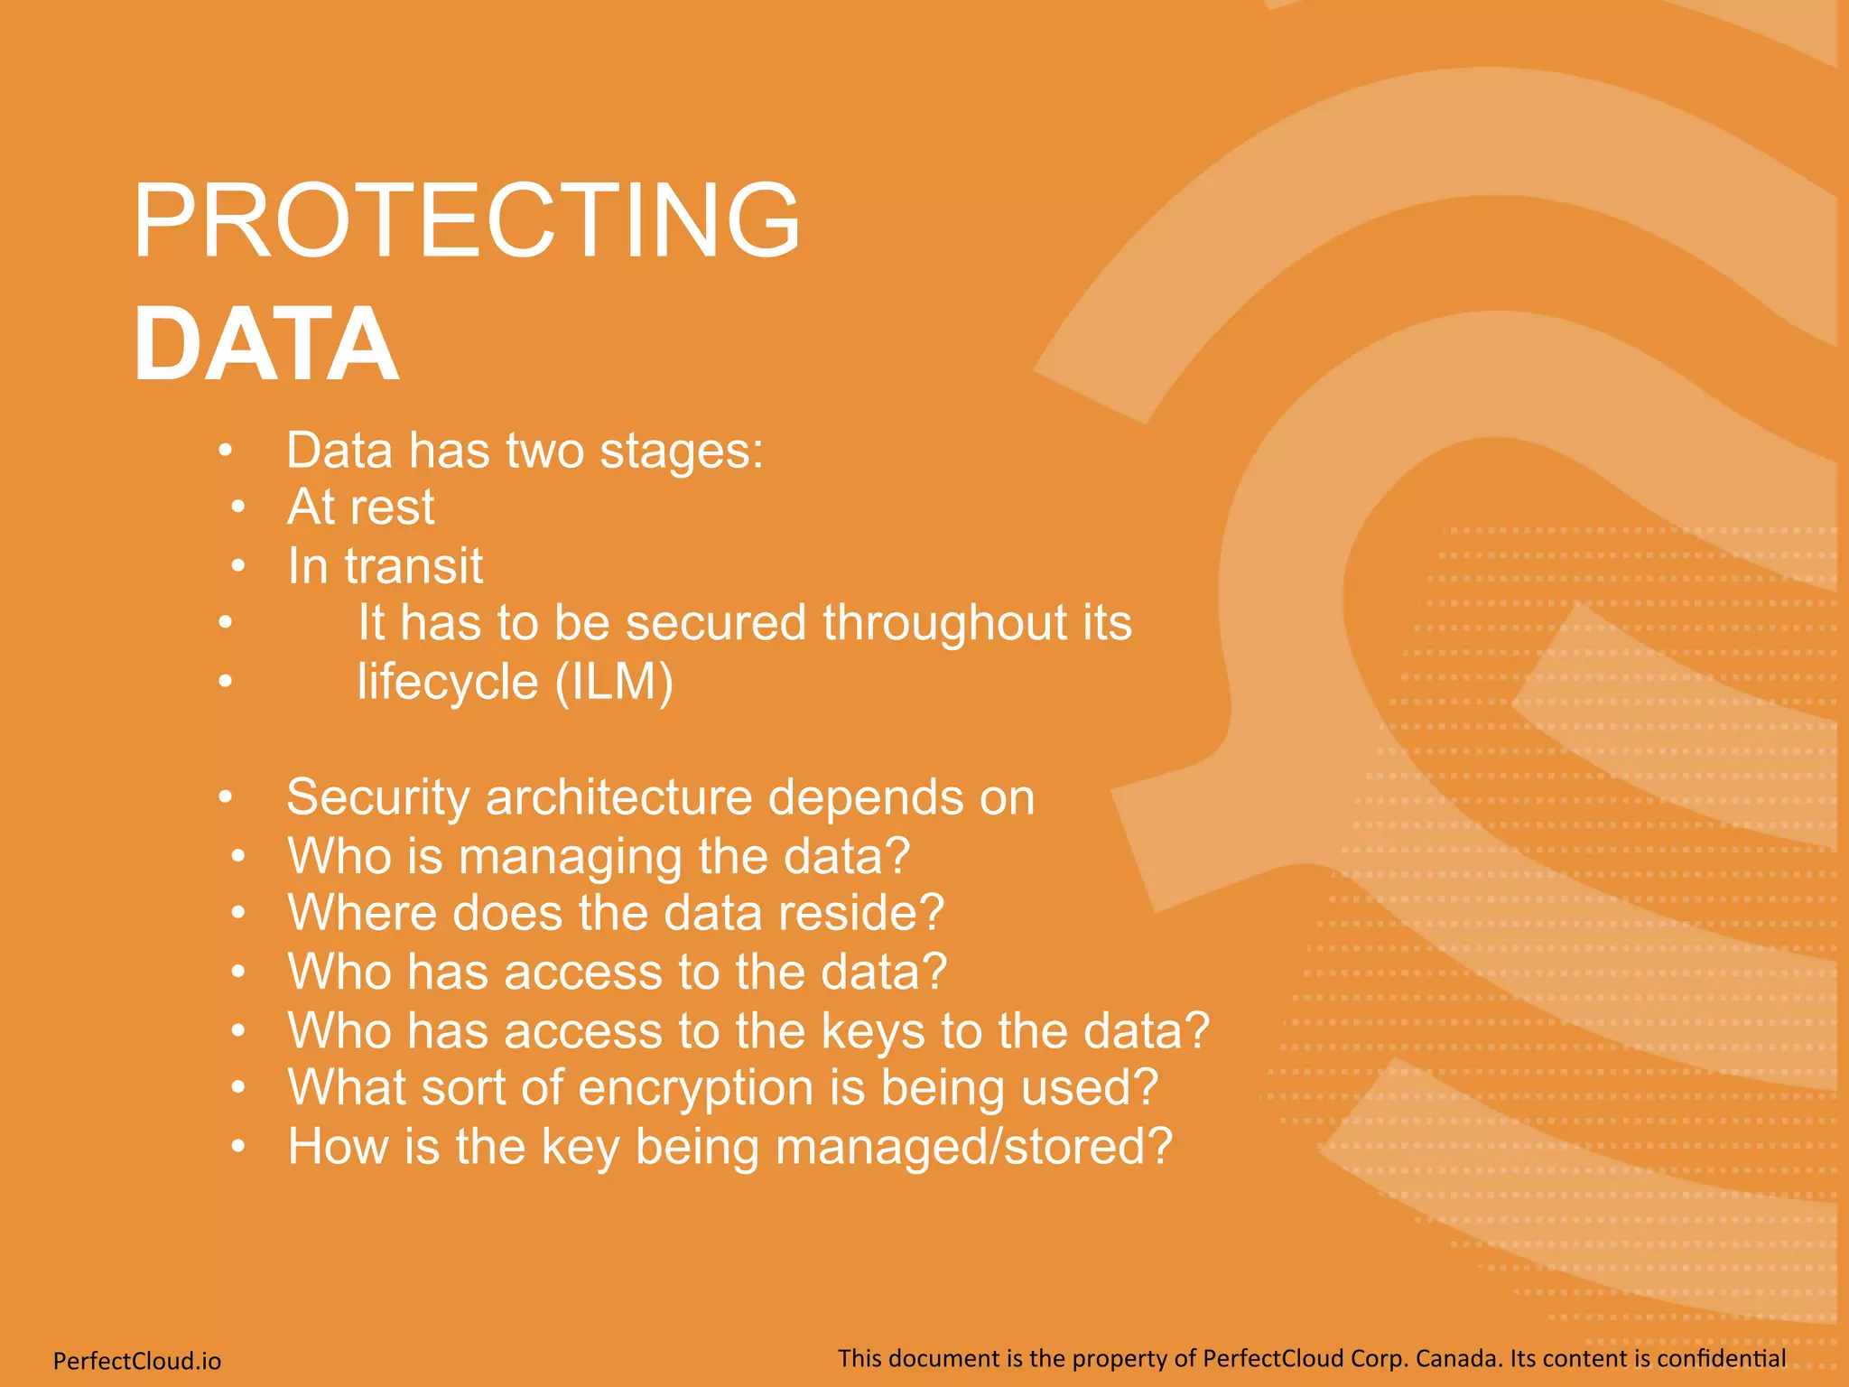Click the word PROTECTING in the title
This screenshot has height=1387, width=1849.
pyautogui.click(x=466, y=220)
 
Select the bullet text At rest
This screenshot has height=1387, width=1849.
pyautogui.click(x=361, y=507)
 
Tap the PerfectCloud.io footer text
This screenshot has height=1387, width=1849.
pyautogui.click(x=137, y=1360)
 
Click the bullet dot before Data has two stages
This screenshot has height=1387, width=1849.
pyautogui.click(x=226, y=450)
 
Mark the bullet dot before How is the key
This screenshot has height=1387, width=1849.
pyautogui.click(x=237, y=1146)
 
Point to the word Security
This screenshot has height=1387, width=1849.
pyautogui.click(x=378, y=797)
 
